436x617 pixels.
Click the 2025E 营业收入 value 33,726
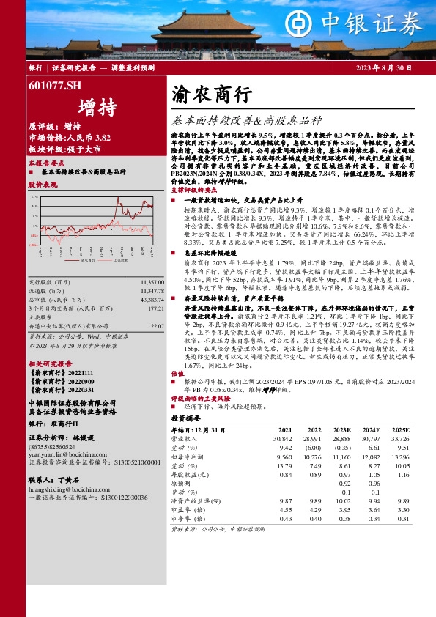399,437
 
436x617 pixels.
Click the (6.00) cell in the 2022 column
312,446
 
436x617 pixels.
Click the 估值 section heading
177,372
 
